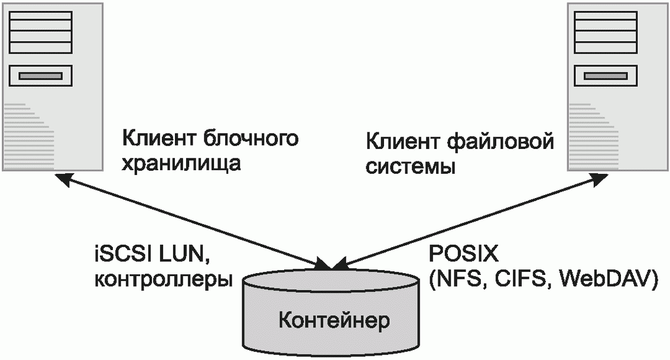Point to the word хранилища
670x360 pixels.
click(x=181, y=163)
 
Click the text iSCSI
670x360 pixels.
click(x=121, y=255)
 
